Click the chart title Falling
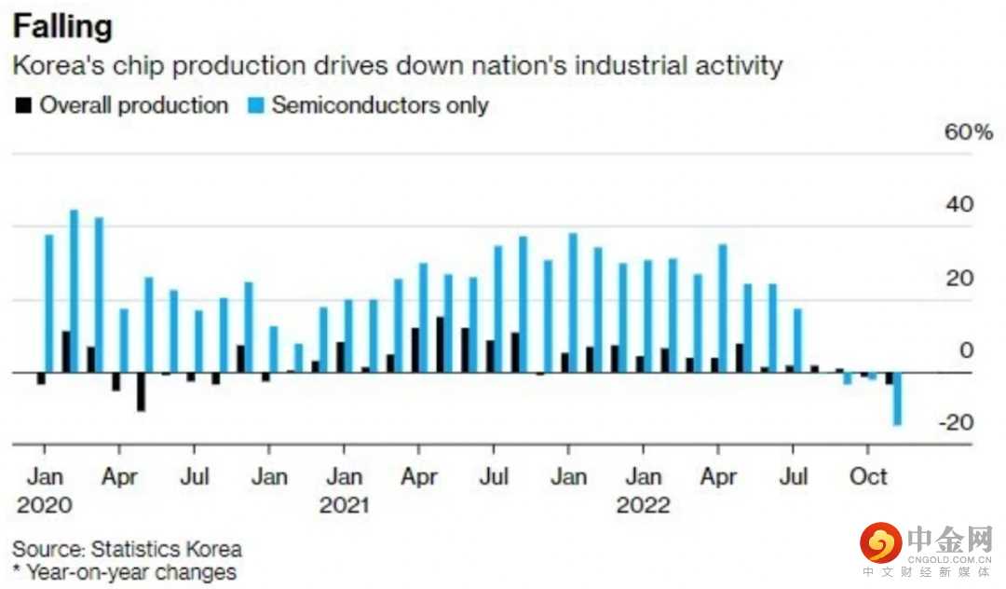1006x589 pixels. (x=62, y=25)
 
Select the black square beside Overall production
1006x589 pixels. (x=22, y=105)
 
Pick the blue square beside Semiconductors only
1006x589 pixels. (x=254, y=105)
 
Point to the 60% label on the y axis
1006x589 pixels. (x=969, y=132)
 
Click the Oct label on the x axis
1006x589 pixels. (x=868, y=476)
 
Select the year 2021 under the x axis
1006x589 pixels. (x=344, y=505)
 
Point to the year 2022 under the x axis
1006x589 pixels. (x=644, y=505)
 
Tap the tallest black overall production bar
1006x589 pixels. (x=440, y=345)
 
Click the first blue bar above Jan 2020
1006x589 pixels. (x=48, y=303)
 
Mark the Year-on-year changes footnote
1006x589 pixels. (x=125, y=571)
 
